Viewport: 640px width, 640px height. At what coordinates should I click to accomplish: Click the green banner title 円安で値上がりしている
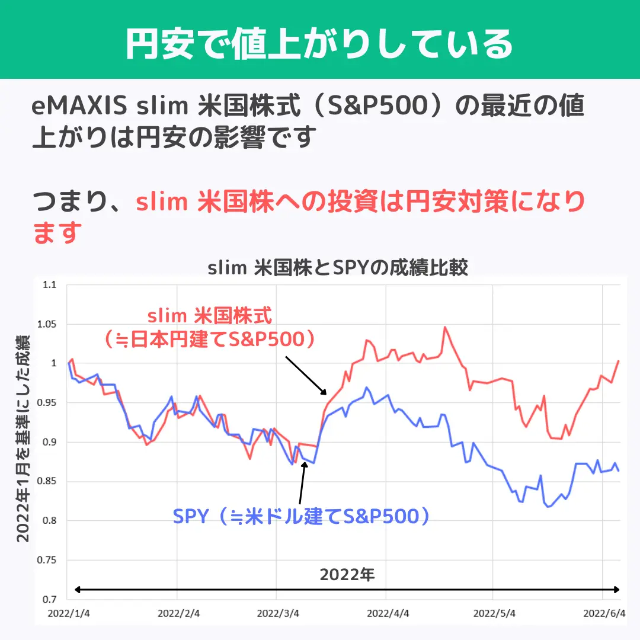pyautogui.click(x=319, y=43)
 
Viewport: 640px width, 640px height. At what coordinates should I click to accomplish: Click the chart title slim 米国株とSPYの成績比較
pyautogui.click(x=338, y=268)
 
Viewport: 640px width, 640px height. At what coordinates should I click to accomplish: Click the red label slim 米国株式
pyautogui.click(x=209, y=315)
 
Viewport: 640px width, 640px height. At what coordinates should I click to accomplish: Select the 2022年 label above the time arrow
pyautogui.click(x=347, y=574)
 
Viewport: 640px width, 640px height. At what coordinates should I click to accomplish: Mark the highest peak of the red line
pyautogui.click(x=445, y=327)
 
